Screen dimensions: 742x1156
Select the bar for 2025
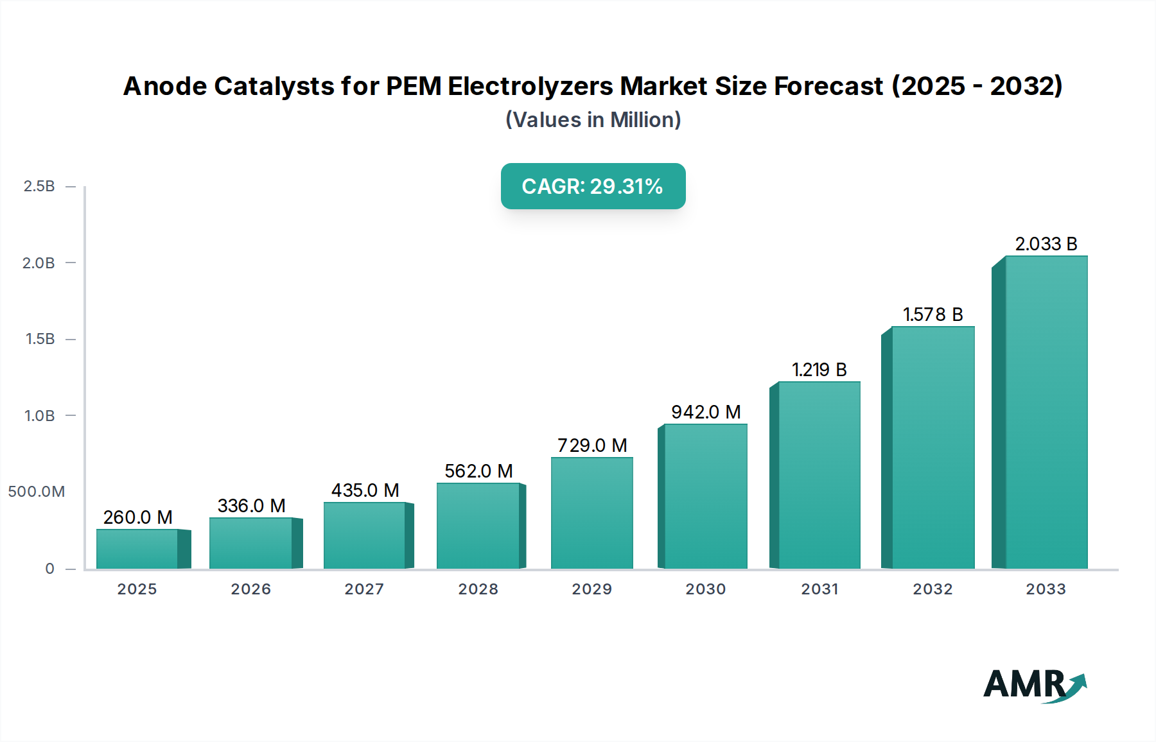137,549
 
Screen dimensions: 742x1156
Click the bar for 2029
591,513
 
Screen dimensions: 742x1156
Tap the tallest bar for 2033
1046,412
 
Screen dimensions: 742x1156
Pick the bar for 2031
819,475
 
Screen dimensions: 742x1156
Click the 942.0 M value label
706,412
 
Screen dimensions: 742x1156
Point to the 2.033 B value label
1046,244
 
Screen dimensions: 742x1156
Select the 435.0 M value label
365,490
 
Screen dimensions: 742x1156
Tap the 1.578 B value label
933,315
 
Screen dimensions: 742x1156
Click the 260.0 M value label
137,517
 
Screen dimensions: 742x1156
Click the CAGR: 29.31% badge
593,186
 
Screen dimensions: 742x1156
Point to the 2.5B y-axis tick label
39,186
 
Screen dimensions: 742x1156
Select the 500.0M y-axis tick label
37,492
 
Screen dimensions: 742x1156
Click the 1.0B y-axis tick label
39,416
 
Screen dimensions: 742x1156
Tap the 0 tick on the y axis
49,569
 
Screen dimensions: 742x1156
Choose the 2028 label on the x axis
478,589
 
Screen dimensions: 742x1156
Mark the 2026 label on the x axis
250,589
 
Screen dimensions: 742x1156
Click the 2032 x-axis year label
933,589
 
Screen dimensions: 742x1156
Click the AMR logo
1034,684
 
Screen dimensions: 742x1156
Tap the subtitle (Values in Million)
593,120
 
